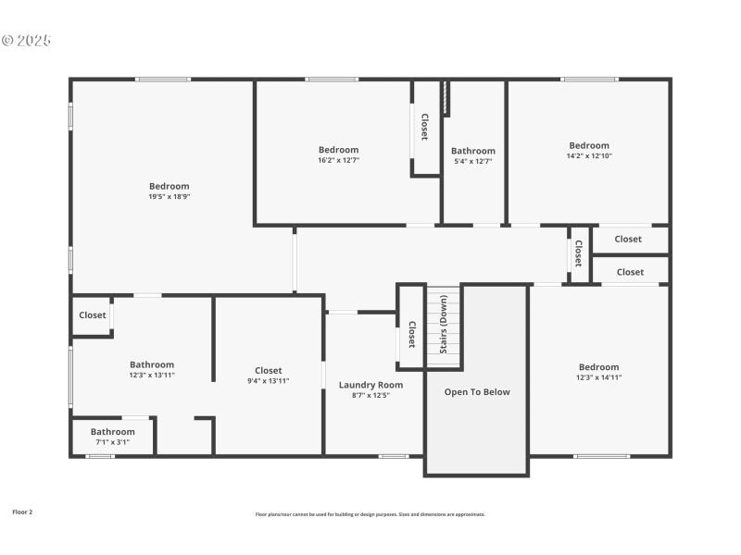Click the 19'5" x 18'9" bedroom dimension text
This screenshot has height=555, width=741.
[169, 196]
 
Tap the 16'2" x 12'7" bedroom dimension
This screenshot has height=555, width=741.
[338, 160]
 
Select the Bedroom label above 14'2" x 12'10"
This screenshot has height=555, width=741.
[589, 145]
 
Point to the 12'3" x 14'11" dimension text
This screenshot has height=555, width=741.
[598, 377]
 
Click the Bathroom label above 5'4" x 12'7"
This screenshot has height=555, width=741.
[473, 151]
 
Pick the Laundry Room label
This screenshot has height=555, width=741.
[370, 385]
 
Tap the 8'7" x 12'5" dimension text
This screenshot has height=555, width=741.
[370, 395]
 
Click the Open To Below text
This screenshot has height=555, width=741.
[477, 392]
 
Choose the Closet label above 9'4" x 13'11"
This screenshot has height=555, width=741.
[269, 370]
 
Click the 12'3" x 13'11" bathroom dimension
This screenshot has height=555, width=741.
[152, 375]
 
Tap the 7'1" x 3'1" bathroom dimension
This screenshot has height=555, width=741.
[112, 442]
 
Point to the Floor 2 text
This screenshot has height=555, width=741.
[22, 512]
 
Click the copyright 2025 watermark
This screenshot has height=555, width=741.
[26, 41]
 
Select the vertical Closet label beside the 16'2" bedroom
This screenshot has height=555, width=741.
[425, 127]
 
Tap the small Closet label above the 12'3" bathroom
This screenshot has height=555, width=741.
[93, 315]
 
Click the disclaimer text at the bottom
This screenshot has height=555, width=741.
[370, 514]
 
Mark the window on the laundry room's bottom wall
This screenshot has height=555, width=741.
[394, 456]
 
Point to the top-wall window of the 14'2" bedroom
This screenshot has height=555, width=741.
[590, 80]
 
